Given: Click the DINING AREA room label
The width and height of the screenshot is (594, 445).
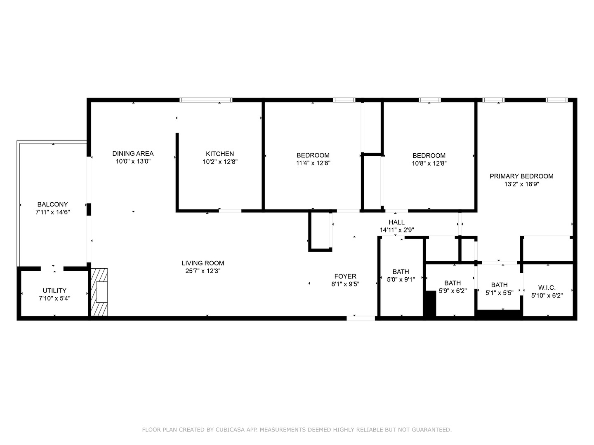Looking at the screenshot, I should click(133, 154).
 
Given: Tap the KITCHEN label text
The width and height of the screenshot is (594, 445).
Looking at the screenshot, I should click(220, 154).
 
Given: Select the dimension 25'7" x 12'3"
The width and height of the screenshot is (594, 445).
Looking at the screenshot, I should click(203, 271).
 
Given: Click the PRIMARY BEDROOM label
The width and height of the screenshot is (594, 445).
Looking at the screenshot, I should click(521, 176).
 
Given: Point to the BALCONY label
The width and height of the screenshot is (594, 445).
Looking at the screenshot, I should click(52, 204).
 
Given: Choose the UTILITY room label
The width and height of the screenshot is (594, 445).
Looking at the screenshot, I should click(54, 290).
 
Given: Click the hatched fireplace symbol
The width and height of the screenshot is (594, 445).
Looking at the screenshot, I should click(99, 292).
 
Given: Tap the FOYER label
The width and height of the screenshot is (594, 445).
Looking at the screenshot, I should click(345, 276).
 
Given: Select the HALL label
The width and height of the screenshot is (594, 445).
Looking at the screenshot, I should click(396, 222).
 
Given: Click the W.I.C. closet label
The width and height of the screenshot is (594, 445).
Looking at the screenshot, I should click(547, 288).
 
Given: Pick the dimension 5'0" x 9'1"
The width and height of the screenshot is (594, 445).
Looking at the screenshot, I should click(401, 279).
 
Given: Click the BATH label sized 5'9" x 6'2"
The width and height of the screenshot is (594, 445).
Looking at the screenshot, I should click(453, 283).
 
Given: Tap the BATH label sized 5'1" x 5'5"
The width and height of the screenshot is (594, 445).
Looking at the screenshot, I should click(499, 285).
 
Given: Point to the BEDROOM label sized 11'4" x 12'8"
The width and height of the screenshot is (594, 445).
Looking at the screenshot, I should click(313, 155).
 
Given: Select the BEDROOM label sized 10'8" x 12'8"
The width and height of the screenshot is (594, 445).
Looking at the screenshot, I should click(429, 156).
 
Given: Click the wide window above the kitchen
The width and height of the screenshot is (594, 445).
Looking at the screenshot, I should click(206, 100).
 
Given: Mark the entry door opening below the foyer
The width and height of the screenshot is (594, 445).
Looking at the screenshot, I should click(361, 318).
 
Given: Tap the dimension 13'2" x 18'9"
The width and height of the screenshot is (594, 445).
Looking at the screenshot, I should click(521, 185).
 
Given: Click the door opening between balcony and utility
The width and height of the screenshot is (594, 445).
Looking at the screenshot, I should click(52, 269).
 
